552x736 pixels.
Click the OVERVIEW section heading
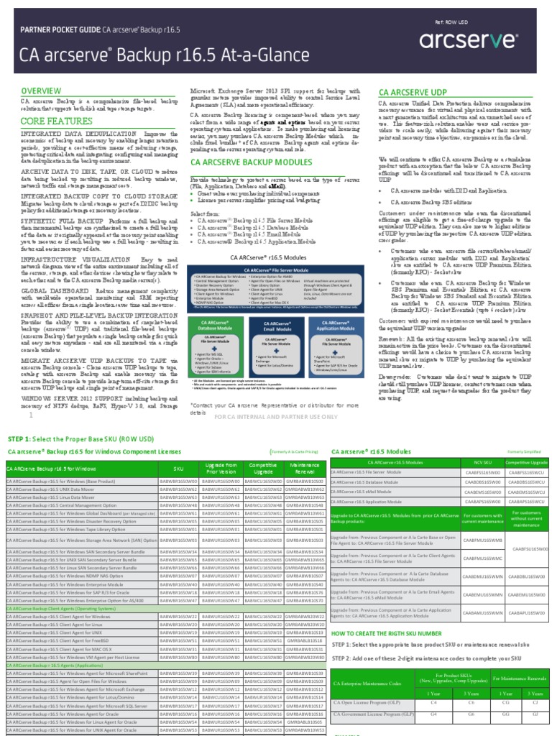coord(40,91)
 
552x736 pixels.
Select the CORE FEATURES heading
coord(52,121)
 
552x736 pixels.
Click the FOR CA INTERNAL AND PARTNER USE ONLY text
coord(276,416)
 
